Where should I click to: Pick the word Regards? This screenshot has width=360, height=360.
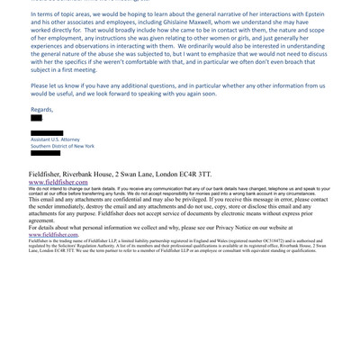click(x=41, y=109)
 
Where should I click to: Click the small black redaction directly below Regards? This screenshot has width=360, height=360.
click(x=36, y=118)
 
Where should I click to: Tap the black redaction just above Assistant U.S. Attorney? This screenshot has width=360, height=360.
click(x=47, y=133)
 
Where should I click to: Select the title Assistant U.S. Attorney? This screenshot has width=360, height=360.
click(x=55, y=139)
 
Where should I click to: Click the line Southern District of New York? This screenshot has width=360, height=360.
click(x=62, y=146)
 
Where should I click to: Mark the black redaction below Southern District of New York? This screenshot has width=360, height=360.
click(x=45, y=153)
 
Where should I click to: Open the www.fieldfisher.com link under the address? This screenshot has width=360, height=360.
click(x=58, y=182)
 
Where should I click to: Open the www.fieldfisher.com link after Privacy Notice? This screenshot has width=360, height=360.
click(x=53, y=234)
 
